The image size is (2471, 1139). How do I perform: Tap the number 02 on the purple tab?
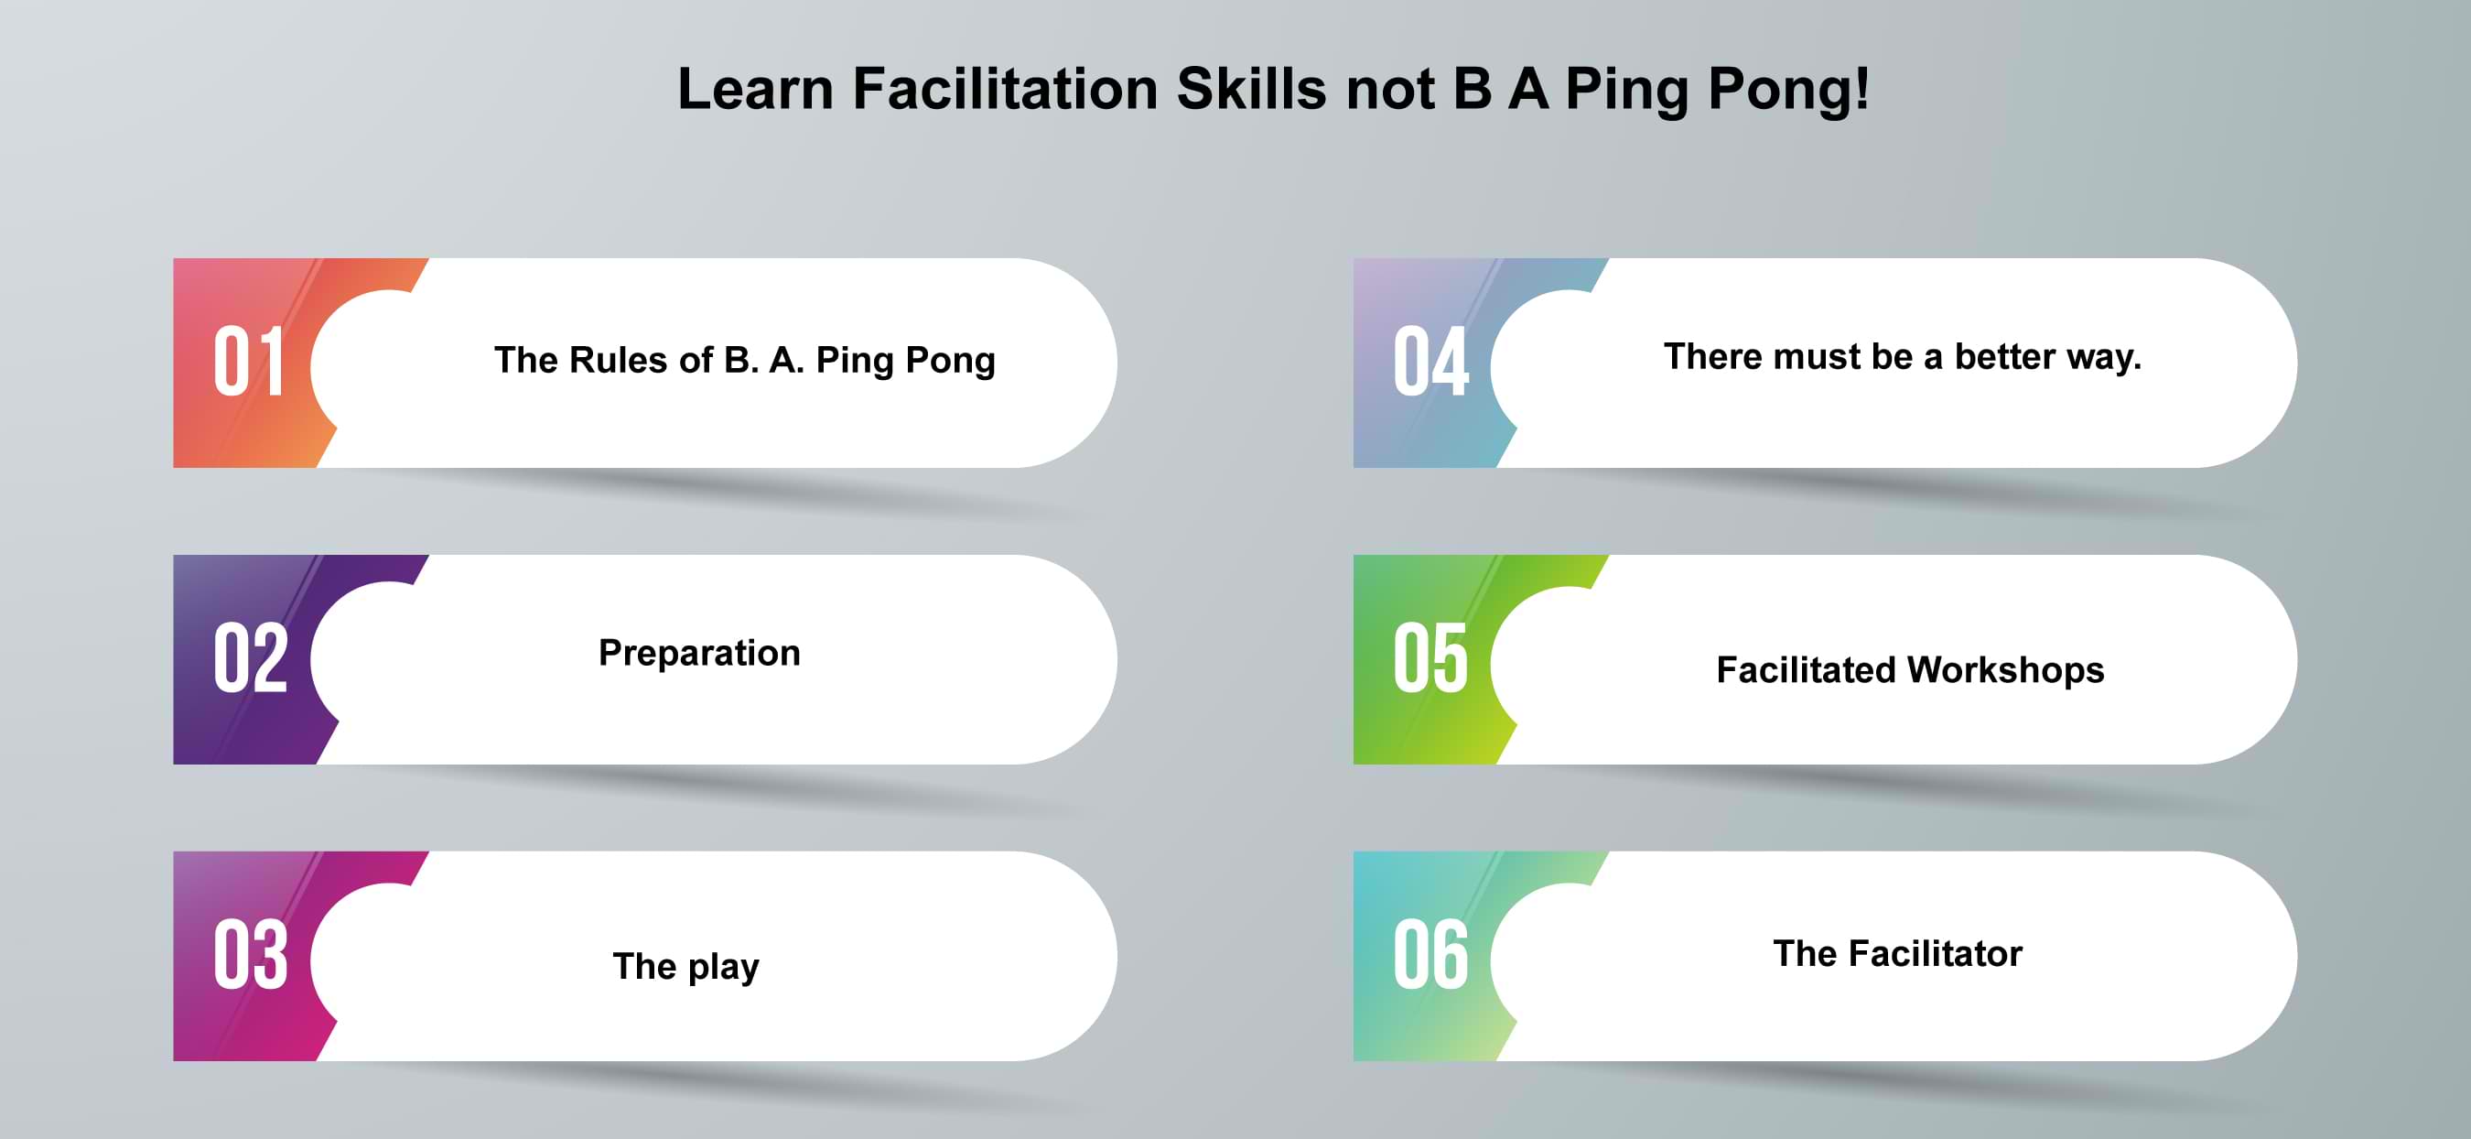pyautogui.click(x=251, y=657)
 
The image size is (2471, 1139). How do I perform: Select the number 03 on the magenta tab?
pyautogui.click(x=251, y=954)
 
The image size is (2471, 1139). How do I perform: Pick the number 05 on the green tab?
pyautogui.click(x=1431, y=657)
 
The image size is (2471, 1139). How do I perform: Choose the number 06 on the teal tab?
pyautogui.click(x=1431, y=954)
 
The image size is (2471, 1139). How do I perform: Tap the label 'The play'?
pyautogui.click(x=685, y=966)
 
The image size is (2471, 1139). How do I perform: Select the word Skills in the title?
pyautogui.click(x=1252, y=88)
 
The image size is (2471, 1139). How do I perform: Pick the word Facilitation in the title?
pyautogui.click(x=1005, y=88)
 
